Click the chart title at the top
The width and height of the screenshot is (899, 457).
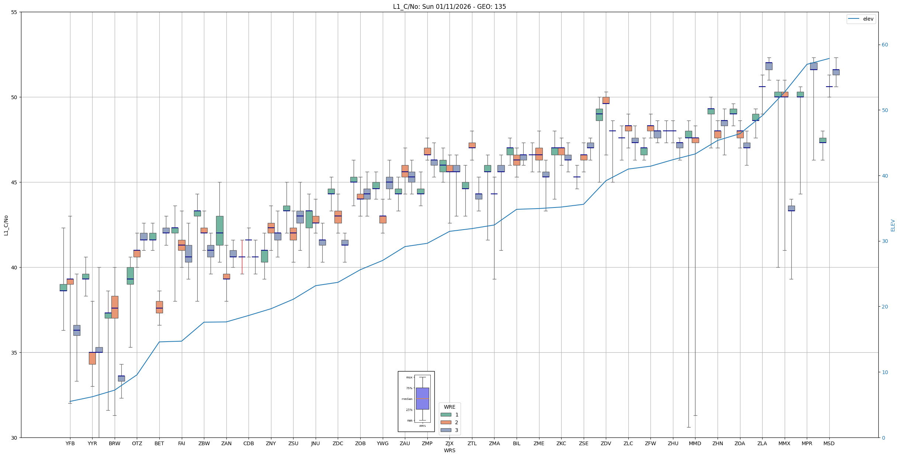click(x=449, y=7)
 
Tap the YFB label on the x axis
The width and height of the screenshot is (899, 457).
click(x=70, y=443)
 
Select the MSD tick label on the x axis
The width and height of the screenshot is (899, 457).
click(x=829, y=443)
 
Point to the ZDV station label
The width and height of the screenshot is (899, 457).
click(x=606, y=443)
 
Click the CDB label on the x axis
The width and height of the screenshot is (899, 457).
click(x=249, y=443)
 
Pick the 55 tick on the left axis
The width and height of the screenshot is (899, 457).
click(x=14, y=12)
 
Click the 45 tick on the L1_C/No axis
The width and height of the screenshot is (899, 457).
click(x=14, y=182)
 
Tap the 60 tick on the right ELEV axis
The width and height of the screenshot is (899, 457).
click(x=885, y=45)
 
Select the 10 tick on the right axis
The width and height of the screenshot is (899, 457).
click(x=885, y=372)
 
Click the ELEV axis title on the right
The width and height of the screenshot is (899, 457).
click(x=893, y=225)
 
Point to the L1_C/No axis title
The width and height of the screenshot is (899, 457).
click(x=6, y=225)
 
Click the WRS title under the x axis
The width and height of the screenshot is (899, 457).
click(x=449, y=450)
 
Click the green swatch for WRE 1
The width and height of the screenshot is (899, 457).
click(x=446, y=415)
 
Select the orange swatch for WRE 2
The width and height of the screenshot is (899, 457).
click(x=446, y=422)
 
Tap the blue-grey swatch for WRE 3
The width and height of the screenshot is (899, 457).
click(x=446, y=430)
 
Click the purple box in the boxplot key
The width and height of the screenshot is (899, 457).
click(x=422, y=398)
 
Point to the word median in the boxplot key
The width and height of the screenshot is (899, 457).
click(x=407, y=399)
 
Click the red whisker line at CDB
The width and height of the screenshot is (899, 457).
click(x=242, y=257)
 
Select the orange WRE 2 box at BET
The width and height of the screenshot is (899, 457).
click(x=159, y=307)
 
